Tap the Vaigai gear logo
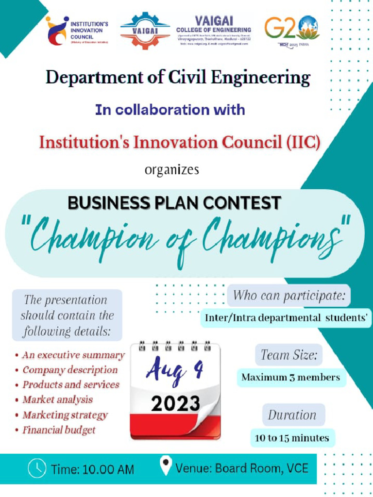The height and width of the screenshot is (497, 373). [145, 31]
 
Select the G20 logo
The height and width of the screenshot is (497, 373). [292, 29]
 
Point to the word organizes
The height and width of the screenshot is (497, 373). [172, 170]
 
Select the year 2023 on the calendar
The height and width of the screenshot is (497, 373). [175, 403]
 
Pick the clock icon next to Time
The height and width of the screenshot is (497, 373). [37, 468]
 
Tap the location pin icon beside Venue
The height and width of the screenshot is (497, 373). [166, 466]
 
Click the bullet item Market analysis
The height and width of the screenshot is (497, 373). [57, 400]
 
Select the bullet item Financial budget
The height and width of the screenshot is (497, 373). [59, 430]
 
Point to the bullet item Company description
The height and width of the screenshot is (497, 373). [70, 370]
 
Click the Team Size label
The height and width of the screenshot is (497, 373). [289, 355]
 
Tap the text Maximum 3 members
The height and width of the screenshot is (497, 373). [291, 377]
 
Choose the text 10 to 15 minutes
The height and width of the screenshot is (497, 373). [292, 438]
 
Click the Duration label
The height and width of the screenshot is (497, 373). [292, 415]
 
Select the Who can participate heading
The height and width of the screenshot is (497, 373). [289, 295]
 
